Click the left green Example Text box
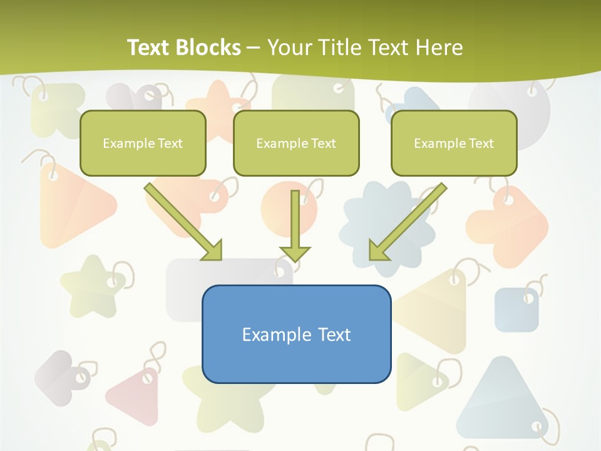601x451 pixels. pos(143,143)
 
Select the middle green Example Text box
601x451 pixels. pos(296,143)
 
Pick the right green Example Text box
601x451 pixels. pos(454,143)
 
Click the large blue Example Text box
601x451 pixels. pos(296,334)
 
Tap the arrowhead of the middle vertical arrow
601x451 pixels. pos(295,253)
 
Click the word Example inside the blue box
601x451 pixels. pos(270,334)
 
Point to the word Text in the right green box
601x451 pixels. pos(481,143)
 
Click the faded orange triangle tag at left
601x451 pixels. pos(72,207)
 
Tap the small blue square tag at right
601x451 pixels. pos(516,309)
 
